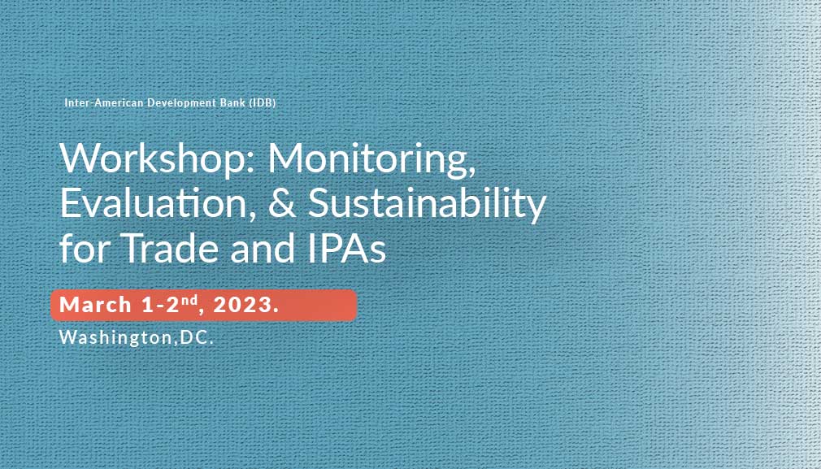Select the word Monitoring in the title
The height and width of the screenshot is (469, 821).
pos(372,161)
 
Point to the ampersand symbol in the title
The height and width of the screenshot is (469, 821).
pos(282,203)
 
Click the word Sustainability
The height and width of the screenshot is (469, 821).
pos(428,205)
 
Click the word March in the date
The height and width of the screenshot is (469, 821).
pos(95,305)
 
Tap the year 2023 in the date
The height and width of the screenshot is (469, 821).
pos(242,305)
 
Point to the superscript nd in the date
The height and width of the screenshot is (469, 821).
pos(191,300)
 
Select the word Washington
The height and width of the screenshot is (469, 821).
pos(115,337)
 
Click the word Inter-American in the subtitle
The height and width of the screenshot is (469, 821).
pos(104,102)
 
